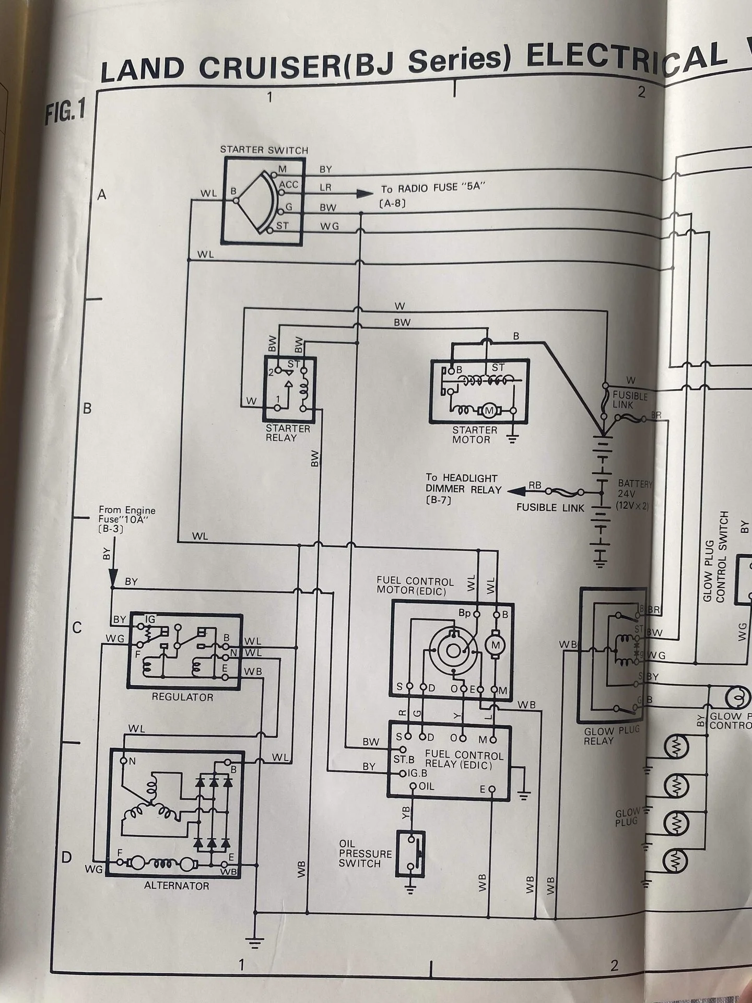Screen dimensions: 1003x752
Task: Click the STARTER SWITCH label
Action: point(264,150)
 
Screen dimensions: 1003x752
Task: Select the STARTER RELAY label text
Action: point(288,433)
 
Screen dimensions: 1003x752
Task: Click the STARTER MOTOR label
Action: point(475,435)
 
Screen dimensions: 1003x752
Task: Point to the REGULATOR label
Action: point(182,696)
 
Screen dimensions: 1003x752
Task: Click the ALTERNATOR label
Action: point(177,885)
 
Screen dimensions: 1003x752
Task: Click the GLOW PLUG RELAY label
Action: point(612,735)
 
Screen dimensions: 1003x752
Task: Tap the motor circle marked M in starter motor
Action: point(489,411)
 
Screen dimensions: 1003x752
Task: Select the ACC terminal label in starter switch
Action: point(289,185)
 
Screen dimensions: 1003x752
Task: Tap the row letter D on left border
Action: point(66,858)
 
